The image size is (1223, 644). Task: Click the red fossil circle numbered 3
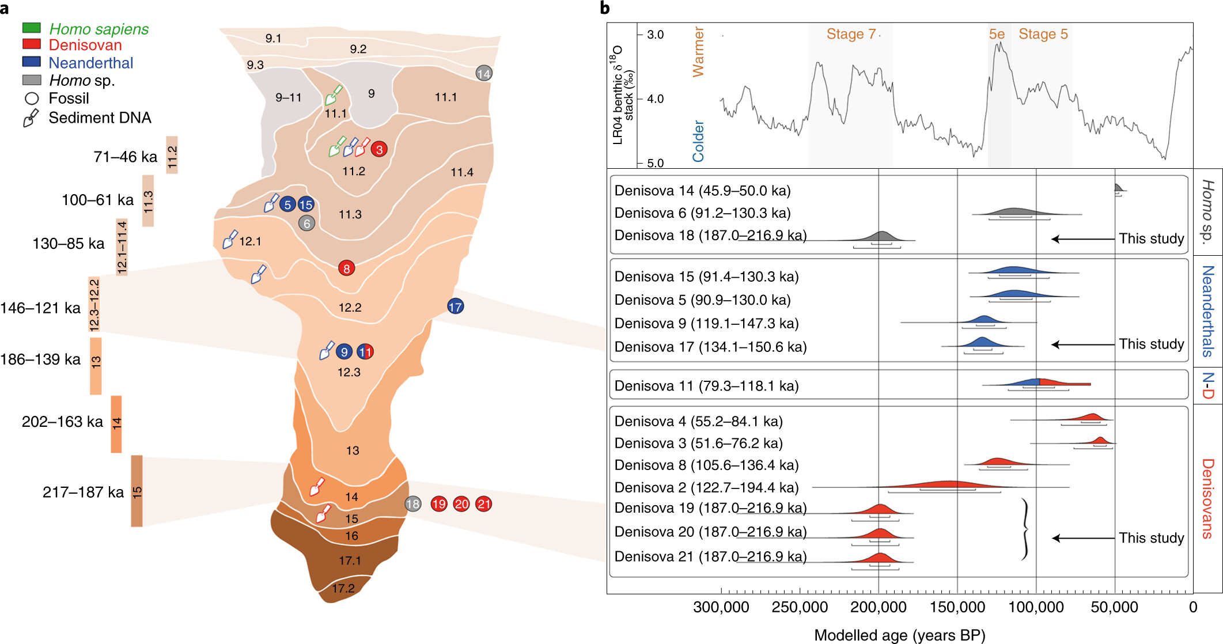tap(378, 149)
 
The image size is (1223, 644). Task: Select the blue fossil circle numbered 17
tap(455, 306)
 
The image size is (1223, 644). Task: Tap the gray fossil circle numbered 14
tap(483, 73)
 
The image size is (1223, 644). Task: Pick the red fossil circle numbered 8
tap(346, 268)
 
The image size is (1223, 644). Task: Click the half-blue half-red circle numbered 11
tap(365, 351)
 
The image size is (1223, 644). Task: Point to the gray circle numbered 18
tap(412, 504)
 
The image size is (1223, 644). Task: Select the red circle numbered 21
tap(483, 504)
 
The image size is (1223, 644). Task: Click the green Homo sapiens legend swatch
tap(31, 28)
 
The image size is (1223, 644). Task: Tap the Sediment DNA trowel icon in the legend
tap(31, 118)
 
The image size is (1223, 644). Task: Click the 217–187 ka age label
tap(83, 492)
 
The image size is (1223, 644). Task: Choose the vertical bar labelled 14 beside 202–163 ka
tap(116, 424)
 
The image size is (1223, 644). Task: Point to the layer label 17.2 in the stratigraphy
tap(343, 588)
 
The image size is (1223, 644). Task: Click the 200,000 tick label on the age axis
tap(878, 607)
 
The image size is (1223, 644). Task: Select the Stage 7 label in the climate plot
tap(850, 34)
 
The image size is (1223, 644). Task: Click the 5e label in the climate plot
tap(997, 34)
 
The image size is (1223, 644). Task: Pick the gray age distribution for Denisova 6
tap(1014, 211)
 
